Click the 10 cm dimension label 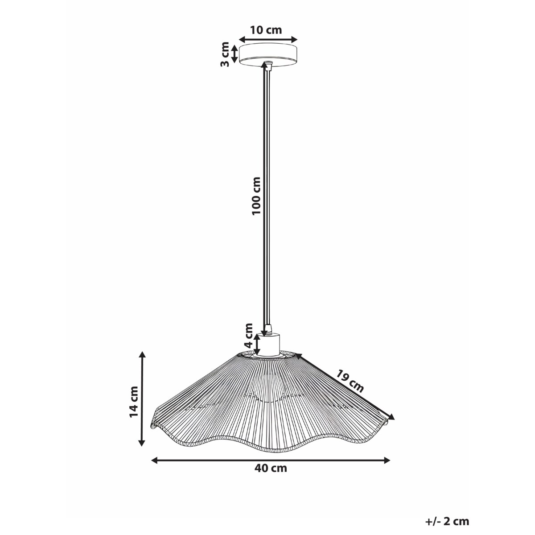click(266, 30)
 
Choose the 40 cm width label click(271, 468)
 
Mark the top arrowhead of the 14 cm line click(142, 355)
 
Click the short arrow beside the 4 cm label click(257, 344)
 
